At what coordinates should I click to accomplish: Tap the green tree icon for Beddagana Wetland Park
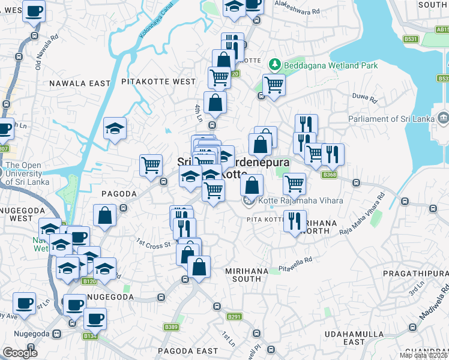pos(275,64)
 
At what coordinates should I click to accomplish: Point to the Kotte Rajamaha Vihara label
pos(300,200)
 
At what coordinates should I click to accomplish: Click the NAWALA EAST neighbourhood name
pos(80,83)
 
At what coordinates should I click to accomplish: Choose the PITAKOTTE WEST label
pos(158,82)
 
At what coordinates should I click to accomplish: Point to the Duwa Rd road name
pos(363,100)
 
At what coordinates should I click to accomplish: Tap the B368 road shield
pos(328,175)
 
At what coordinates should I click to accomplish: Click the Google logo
pos(20,352)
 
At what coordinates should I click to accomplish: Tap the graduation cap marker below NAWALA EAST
pos(115,128)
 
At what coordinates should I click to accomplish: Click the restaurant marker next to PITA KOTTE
pos(295,220)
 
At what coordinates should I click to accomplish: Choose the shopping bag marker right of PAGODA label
pos(104,217)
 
